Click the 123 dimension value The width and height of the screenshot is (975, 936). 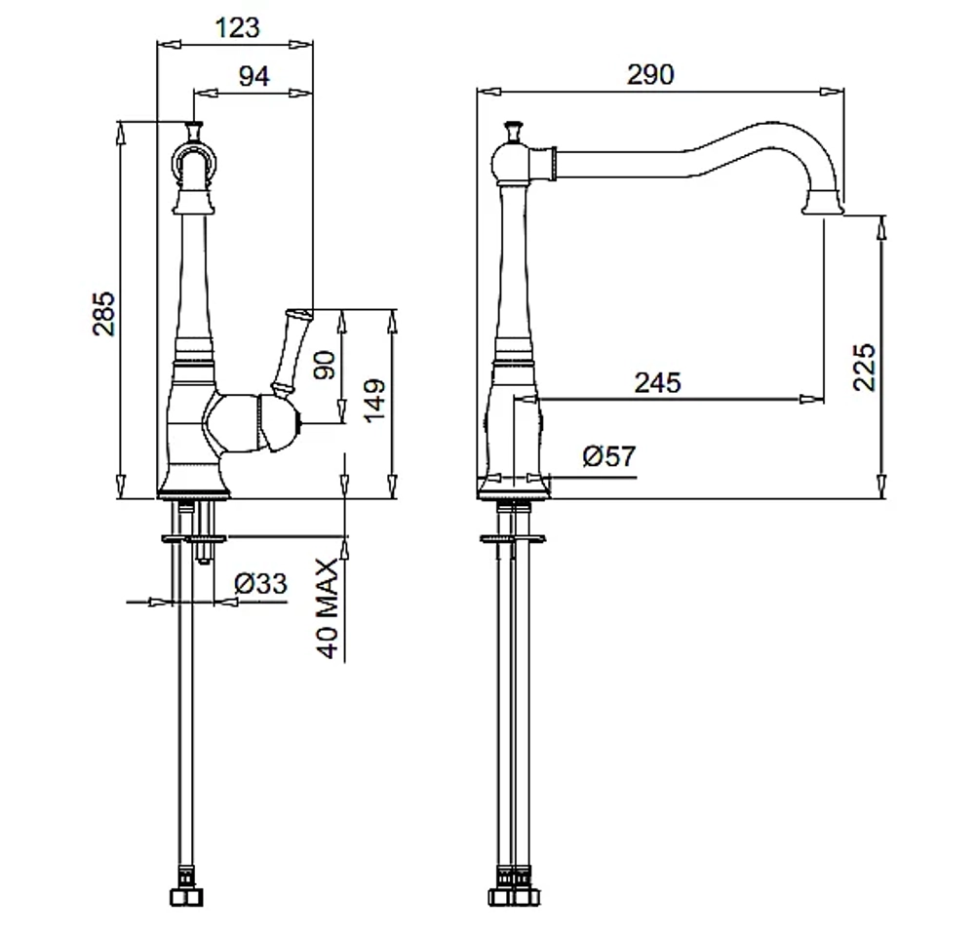coord(237,28)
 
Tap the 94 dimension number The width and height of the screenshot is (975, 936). coord(254,76)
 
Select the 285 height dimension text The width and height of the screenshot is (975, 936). coord(104,313)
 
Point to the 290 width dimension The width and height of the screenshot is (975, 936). coord(650,75)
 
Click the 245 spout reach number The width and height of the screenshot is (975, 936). coord(658,382)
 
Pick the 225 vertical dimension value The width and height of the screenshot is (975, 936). coord(864,367)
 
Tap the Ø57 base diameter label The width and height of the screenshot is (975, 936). coord(609,456)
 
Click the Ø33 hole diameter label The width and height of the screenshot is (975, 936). coord(260,583)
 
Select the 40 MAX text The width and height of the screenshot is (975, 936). coord(327,607)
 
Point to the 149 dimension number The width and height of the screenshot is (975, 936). coord(373,401)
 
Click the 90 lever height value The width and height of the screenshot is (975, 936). coord(324,365)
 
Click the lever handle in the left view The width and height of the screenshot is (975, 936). coord(290,351)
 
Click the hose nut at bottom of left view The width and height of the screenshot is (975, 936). coord(186,897)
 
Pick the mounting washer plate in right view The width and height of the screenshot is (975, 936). coord(513,538)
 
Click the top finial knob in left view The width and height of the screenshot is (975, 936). coord(194,130)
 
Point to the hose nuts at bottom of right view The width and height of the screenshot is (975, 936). coord(514,897)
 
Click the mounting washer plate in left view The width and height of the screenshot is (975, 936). coord(194,537)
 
